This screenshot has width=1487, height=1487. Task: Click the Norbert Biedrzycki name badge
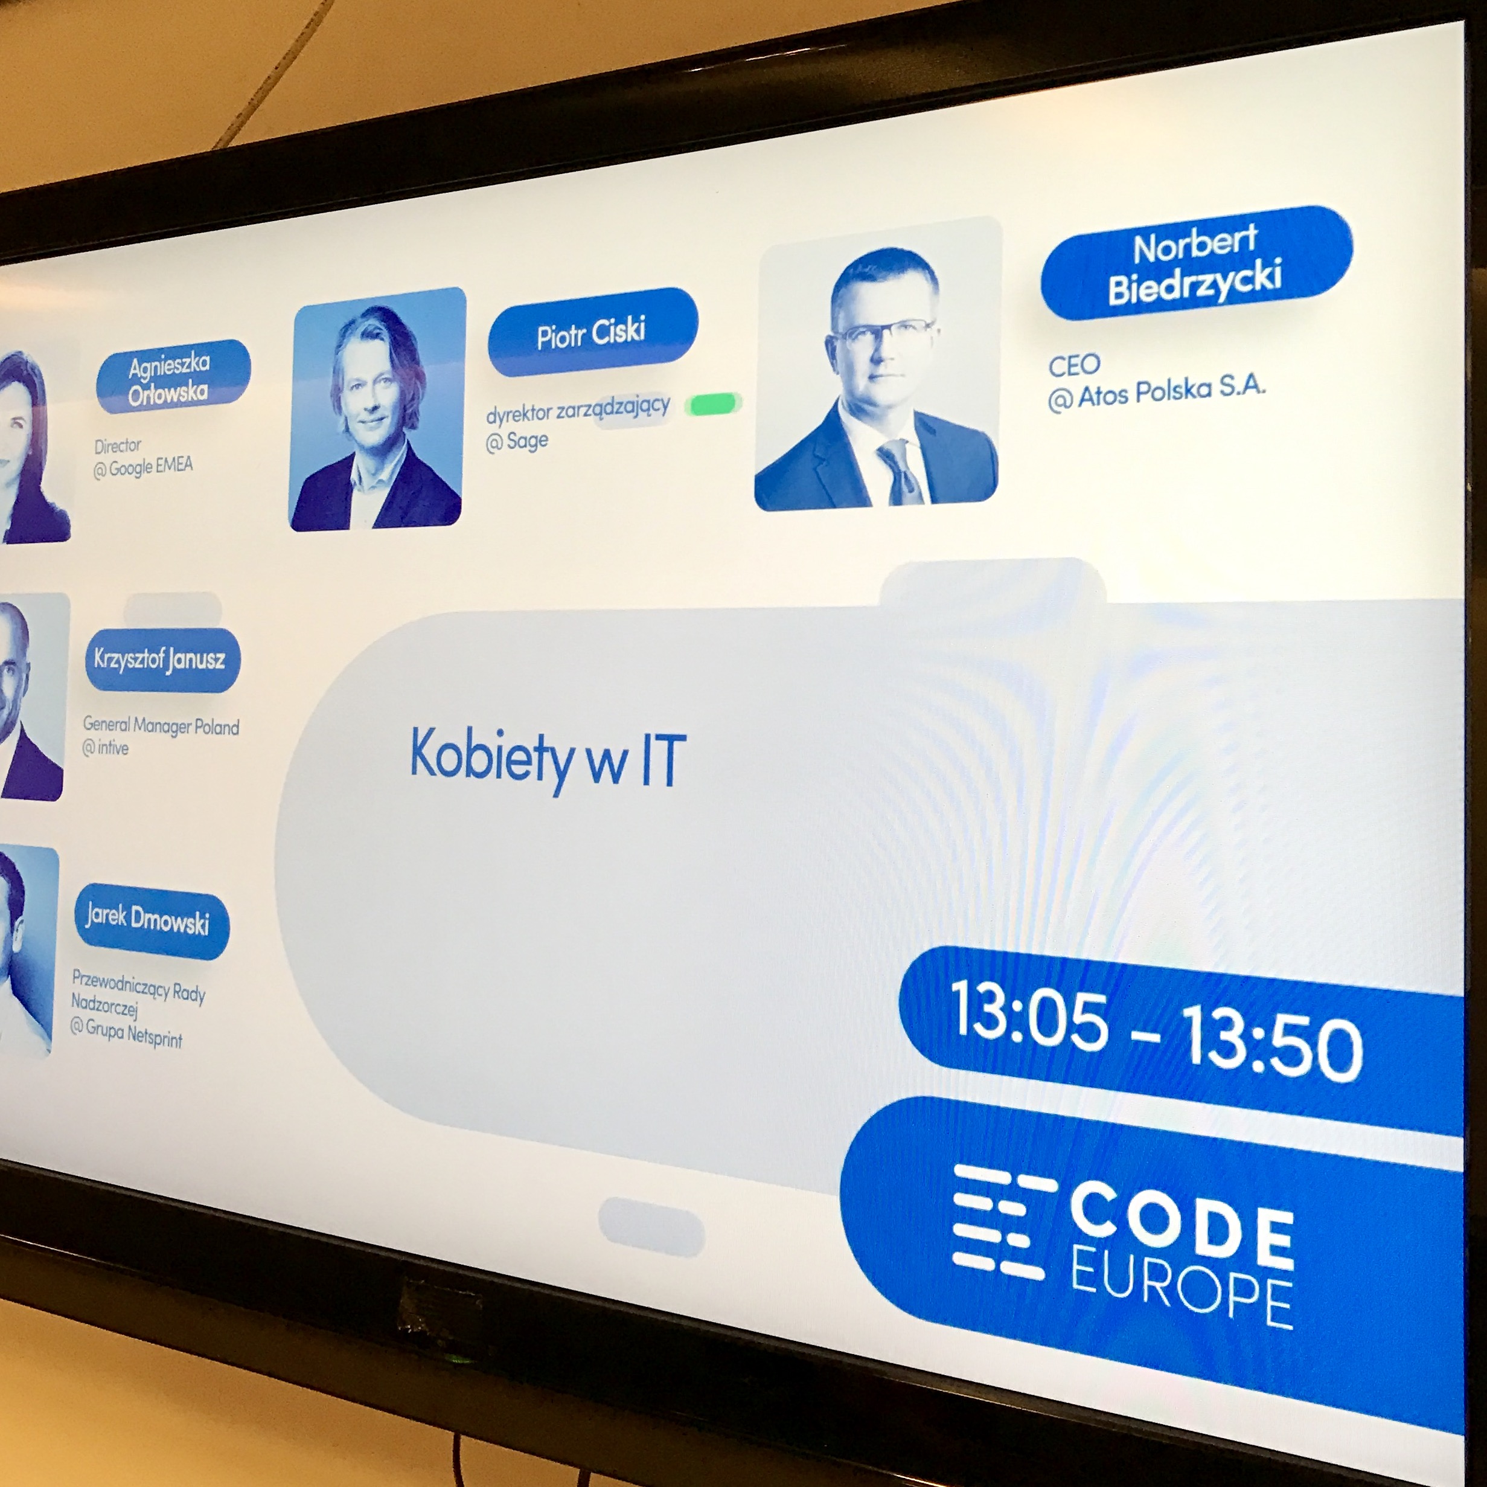pos(1196,263)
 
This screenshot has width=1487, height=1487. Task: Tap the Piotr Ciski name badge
pos(593,333)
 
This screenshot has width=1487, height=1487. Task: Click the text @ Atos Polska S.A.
pos(1156,394)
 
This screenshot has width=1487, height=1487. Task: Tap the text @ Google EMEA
pos(143,467)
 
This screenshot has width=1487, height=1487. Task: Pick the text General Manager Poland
pos(161,725)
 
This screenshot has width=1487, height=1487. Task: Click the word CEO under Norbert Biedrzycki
pos(1075,365)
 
